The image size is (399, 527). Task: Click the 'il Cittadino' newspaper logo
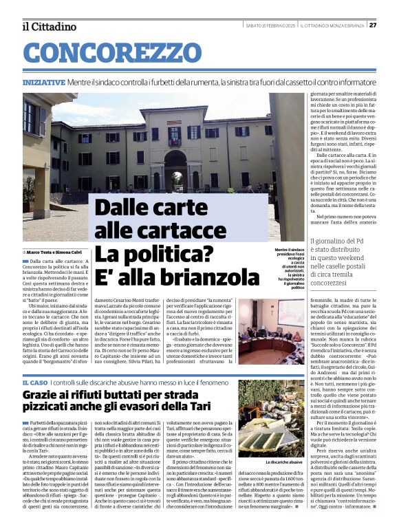(x=48, y=26)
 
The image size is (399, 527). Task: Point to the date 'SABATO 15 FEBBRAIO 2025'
(x=271, y=25)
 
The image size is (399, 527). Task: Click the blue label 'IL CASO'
(x=34, y=382)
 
